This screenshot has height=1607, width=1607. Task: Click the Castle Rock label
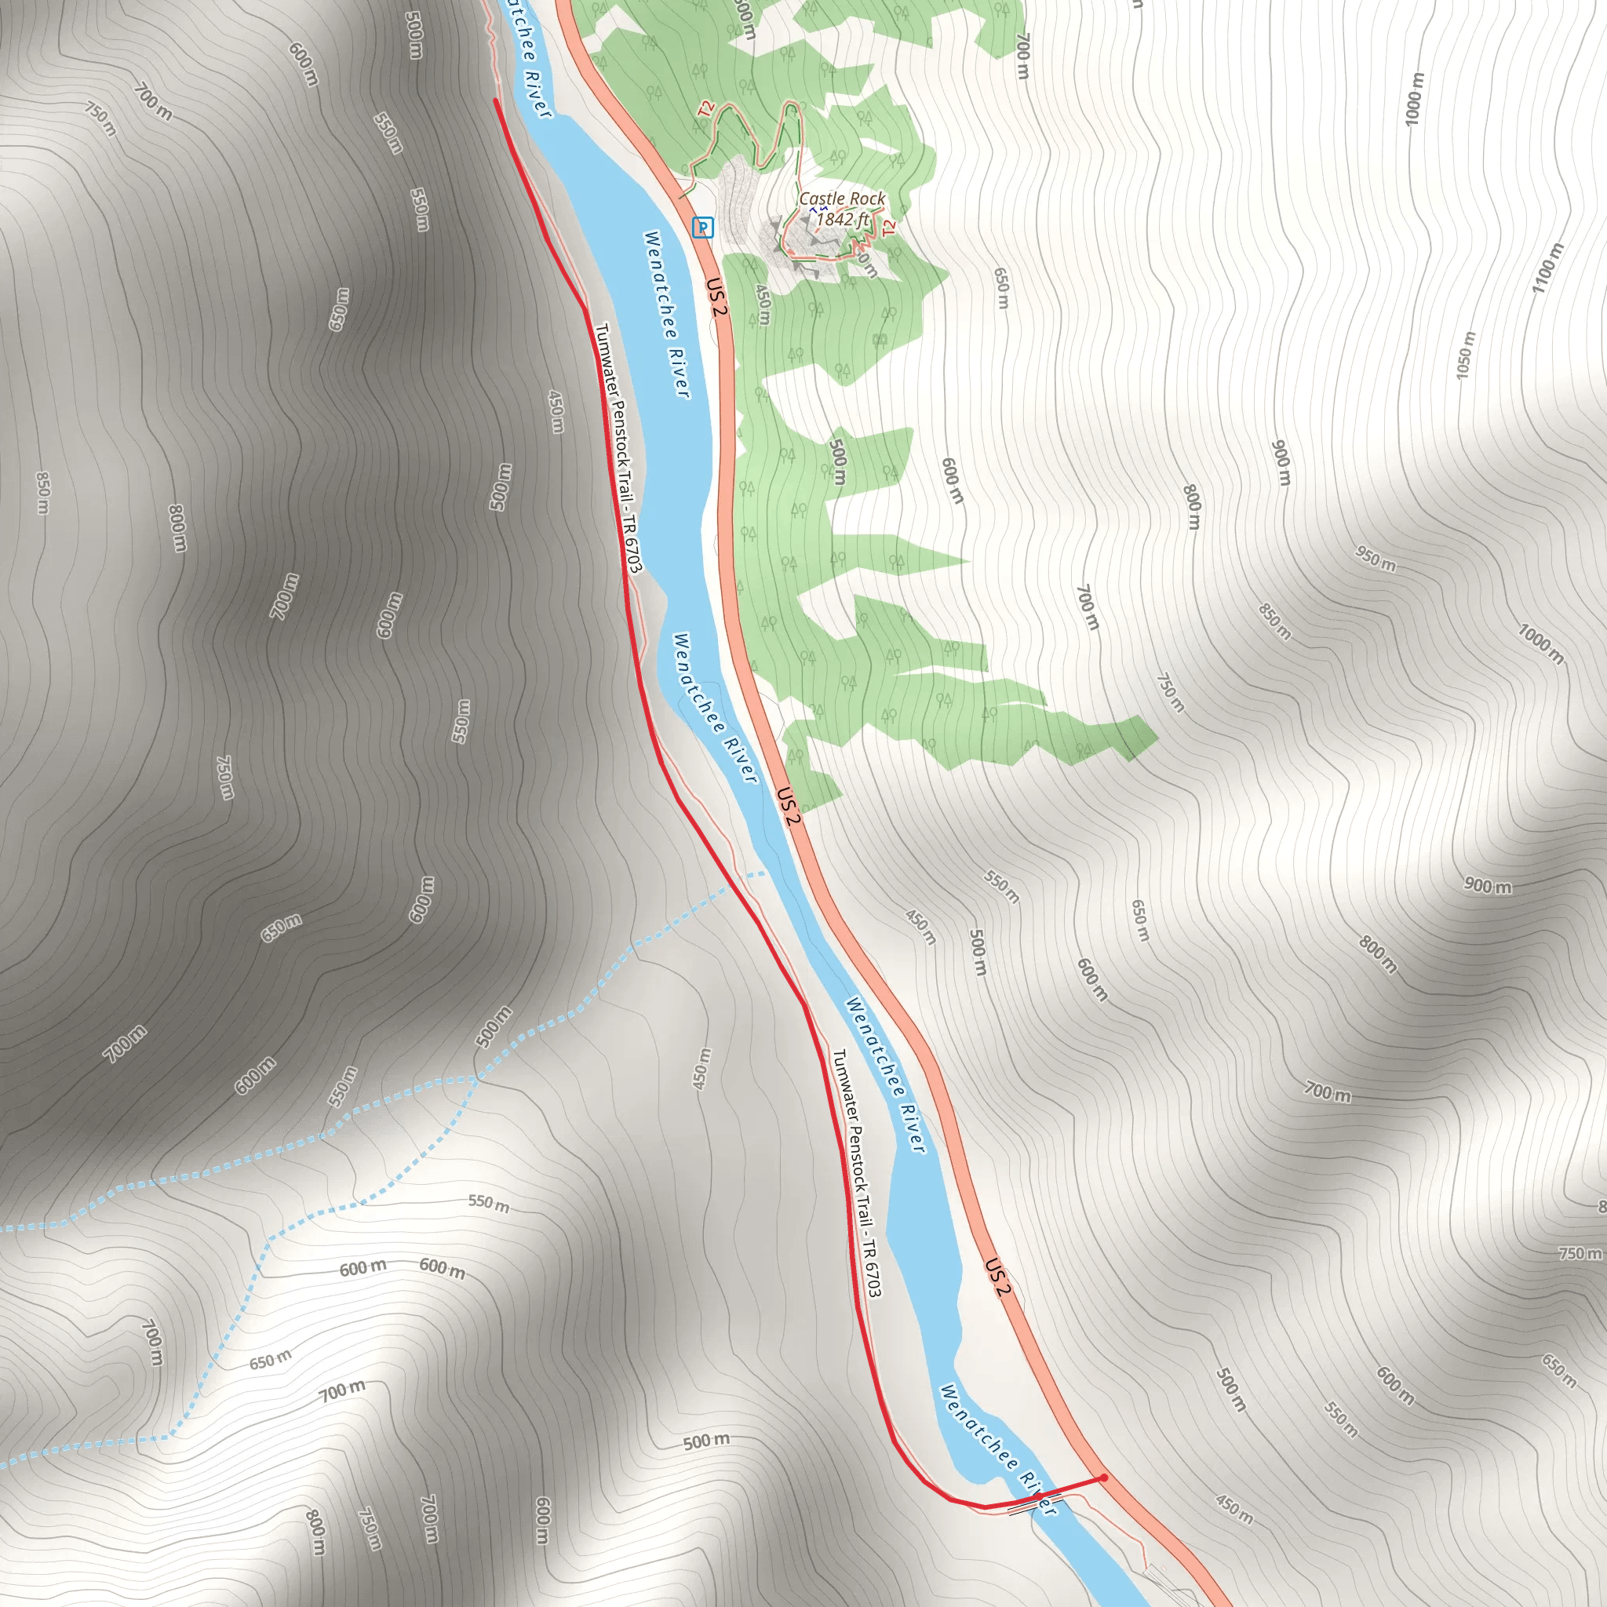(x=842, y=199)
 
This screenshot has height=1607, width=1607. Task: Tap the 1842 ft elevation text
(x=843, y=219)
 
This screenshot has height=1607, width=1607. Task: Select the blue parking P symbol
(x=703, y=227)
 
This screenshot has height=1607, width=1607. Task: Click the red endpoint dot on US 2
(x=1104, y=1478)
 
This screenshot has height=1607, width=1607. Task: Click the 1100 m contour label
(x=1548, y=267)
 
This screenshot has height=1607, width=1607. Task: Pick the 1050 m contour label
(x=1466, y=356)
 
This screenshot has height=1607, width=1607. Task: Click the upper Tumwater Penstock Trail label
(x=619, y=448)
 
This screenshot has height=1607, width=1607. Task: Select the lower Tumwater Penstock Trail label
(x=858, y=1173)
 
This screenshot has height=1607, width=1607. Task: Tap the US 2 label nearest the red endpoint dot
(x=998, y=1277)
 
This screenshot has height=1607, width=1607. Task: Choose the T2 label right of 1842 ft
(x=889, y=227)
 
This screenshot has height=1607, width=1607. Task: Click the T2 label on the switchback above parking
(x=706, y=109)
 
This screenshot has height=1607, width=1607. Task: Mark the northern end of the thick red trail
(x=496, y=100)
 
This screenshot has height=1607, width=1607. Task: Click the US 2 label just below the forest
(x=789, y=805)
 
